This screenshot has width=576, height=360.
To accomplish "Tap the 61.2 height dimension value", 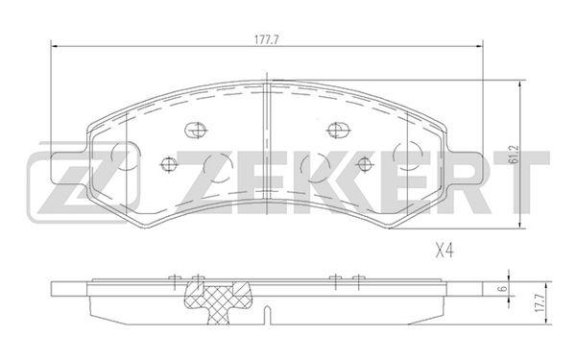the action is tap(514, 155).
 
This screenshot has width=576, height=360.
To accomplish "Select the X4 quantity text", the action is tap(444, 252).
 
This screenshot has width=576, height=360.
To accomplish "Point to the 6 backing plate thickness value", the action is tap(504, 288).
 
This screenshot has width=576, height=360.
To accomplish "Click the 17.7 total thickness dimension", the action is tap(540, 302).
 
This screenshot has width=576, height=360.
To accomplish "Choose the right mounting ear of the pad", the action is tap(464, 169).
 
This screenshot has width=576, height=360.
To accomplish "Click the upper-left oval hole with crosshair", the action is tap(196, 130).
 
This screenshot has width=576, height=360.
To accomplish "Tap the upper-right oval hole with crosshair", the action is tap(338, 130).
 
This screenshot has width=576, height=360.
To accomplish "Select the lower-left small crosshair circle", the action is tap(169, 164).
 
